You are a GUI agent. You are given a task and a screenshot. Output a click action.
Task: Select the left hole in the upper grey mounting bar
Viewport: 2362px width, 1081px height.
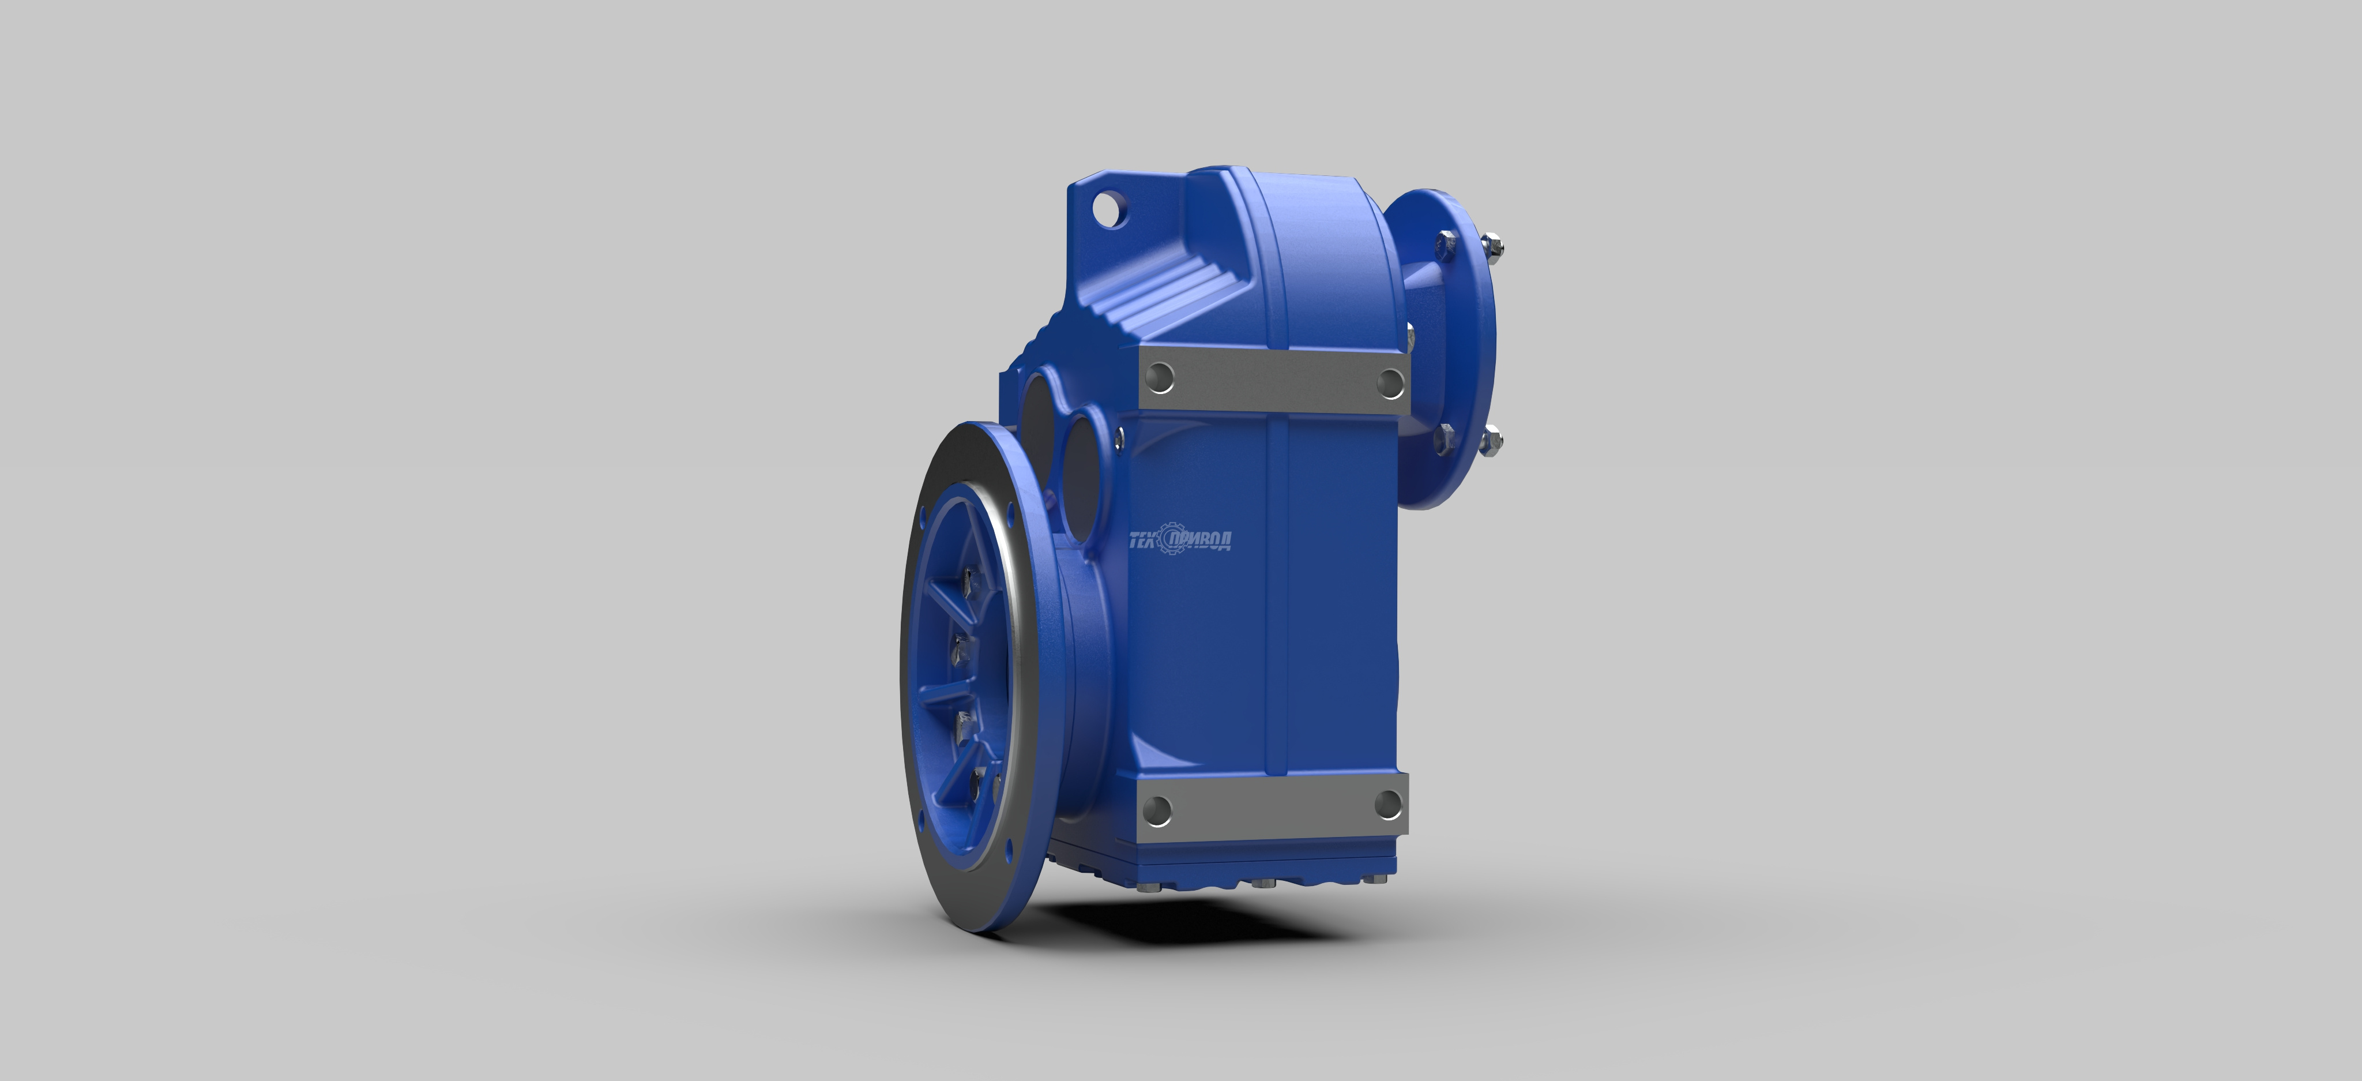(1160, 376)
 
